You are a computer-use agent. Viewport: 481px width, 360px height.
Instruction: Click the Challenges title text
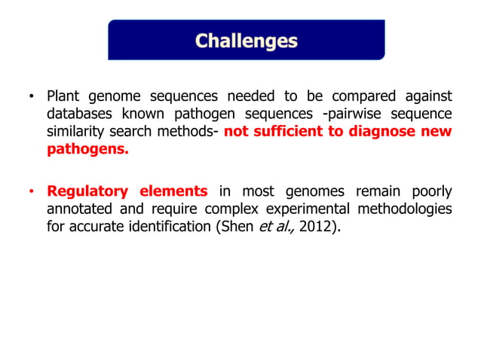[247, 40]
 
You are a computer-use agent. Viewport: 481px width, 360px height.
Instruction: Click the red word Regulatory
[87, 191]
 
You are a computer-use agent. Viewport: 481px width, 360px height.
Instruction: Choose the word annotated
[79, 209]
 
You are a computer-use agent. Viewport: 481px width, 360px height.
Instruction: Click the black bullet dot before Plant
[31, 98]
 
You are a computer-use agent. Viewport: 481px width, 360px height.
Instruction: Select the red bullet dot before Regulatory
[31, 192]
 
